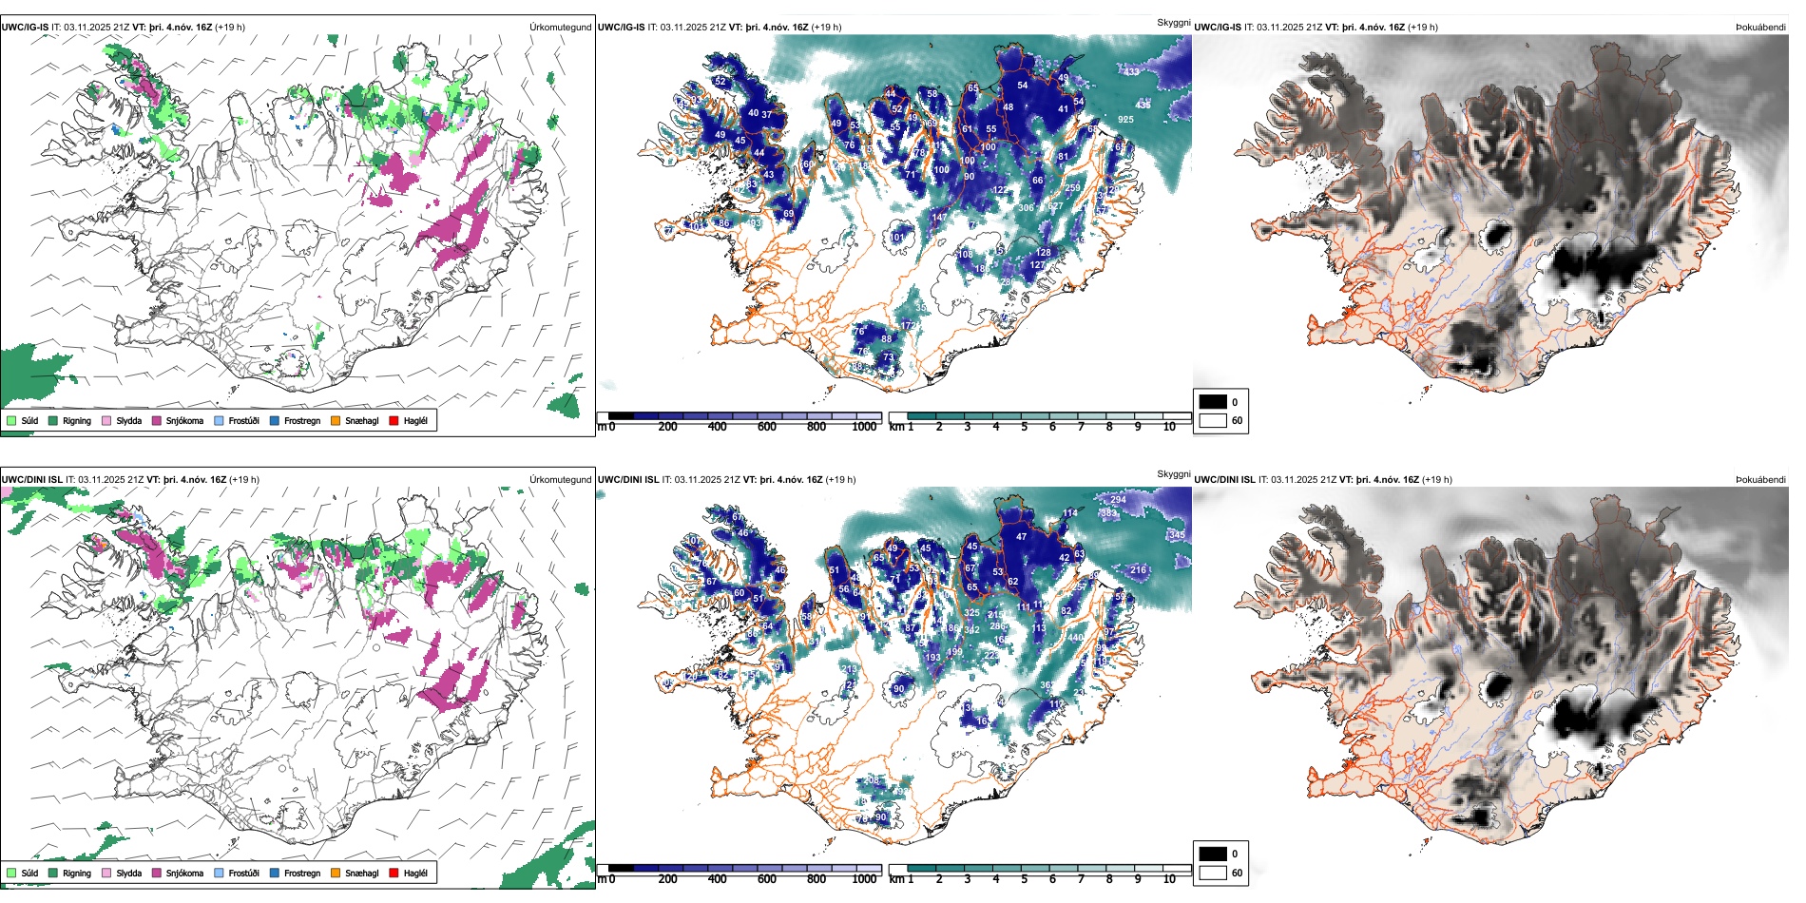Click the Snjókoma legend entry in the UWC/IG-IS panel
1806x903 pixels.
[184, 421]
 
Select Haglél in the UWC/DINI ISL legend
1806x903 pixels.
[415, 874]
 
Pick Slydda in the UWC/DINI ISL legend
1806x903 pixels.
[128, 874]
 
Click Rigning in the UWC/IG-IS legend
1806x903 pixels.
[76, 421]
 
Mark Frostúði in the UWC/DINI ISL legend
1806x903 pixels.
[243, 874]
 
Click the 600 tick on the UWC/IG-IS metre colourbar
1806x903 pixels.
[767, 427]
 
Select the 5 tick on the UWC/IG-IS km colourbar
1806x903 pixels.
[1025, 427]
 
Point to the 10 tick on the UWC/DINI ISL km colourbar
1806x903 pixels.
[1169, 879]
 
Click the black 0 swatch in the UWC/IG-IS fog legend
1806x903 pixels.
[1213, 402]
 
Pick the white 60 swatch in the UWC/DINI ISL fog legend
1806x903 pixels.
[1213, 873]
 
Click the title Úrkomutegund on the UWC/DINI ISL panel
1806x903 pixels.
[560, 480]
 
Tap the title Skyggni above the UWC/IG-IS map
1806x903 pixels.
[1173, 22]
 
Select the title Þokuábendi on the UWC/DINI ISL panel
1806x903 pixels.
[1760, 480]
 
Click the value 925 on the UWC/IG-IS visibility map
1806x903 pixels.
[1125, 120]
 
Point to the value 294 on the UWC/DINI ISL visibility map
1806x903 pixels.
[1118, 500]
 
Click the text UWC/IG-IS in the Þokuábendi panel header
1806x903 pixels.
[1217, 28]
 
